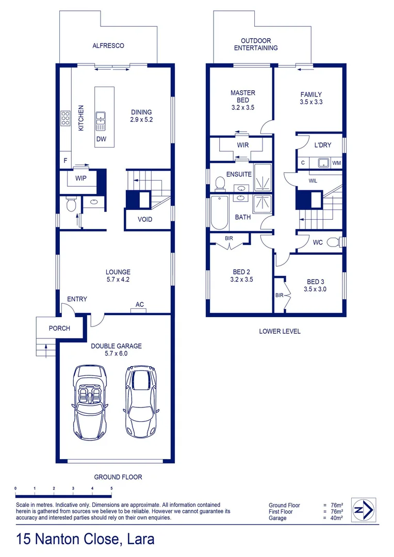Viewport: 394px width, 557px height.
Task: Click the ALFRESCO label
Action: (x=108, y=45)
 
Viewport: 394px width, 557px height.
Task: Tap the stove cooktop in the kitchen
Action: (x=66, y=119)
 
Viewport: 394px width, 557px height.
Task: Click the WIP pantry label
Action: (x=80, y=178)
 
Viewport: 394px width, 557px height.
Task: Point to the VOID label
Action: (x=145, y=220)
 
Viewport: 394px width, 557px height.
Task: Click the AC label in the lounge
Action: (x=139, y=304)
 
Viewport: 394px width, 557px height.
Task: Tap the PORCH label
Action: (x=59, y=328)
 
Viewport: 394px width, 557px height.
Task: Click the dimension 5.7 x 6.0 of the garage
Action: (x=116, y=354)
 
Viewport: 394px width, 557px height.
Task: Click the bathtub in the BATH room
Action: (x=219, y=212)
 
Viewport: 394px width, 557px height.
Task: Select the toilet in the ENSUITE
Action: (x=220, y=183)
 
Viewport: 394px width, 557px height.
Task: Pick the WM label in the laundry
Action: (x=336, y=163)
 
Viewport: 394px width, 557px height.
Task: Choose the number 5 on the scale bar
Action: (x=111, y=488)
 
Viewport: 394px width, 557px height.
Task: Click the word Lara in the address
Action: (x=139, y=539)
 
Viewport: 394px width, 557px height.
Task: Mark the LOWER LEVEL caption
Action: (x=280, y=331)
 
